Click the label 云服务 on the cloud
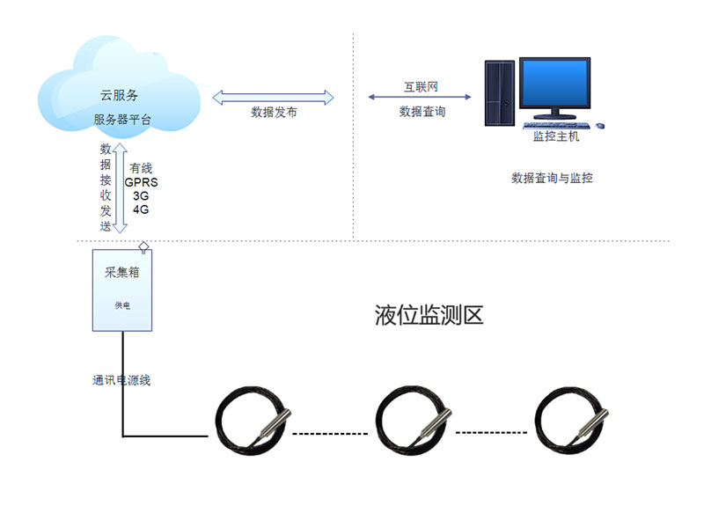[119, 95]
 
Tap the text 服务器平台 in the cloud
[122, 120]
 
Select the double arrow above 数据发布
[273, 98]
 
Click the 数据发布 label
[274, 113]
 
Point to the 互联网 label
[421, 86]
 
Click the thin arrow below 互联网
[420, 97]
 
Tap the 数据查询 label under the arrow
[422, 112]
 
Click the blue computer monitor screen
[555, 83]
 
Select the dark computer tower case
[500, 93]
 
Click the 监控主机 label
[556, 136]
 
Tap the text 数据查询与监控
[553, 179]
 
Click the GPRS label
[142, 182]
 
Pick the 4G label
[141, 209]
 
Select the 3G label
[141, 196]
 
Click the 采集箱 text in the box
[122, 272]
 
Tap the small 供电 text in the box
[122, 305]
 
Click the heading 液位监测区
[429, 315]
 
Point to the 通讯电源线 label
[121, 380]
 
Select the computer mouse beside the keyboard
[600, 126]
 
